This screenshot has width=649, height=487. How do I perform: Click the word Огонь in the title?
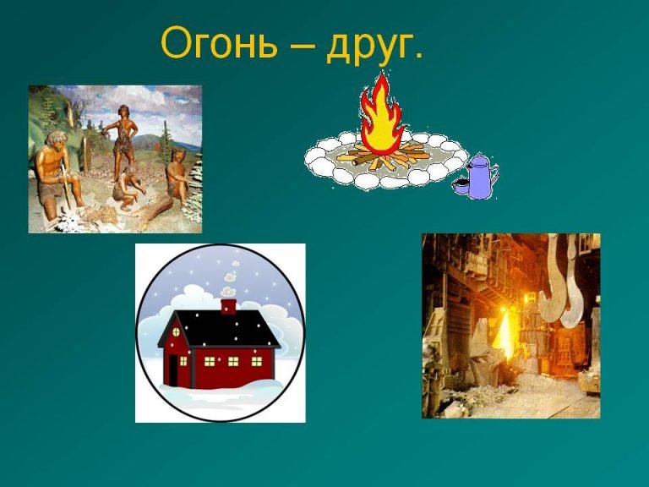pos(219,42)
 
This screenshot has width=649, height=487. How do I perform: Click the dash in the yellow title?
pos(302,46)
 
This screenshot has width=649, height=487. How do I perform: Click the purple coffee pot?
pos(481,176)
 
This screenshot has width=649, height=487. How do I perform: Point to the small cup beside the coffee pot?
pos(461,186)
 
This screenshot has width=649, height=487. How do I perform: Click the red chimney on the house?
pos(228,306)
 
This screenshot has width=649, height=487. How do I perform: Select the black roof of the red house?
pos(219,328)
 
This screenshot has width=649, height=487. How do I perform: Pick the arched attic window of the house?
pos(176,332)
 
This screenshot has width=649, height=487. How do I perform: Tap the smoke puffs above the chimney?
pos(229,281)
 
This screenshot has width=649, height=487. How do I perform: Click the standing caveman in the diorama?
pos(123,142)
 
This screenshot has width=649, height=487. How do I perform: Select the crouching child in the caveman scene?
pos(128,189)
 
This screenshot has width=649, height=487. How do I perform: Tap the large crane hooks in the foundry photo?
pos(562,281)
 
